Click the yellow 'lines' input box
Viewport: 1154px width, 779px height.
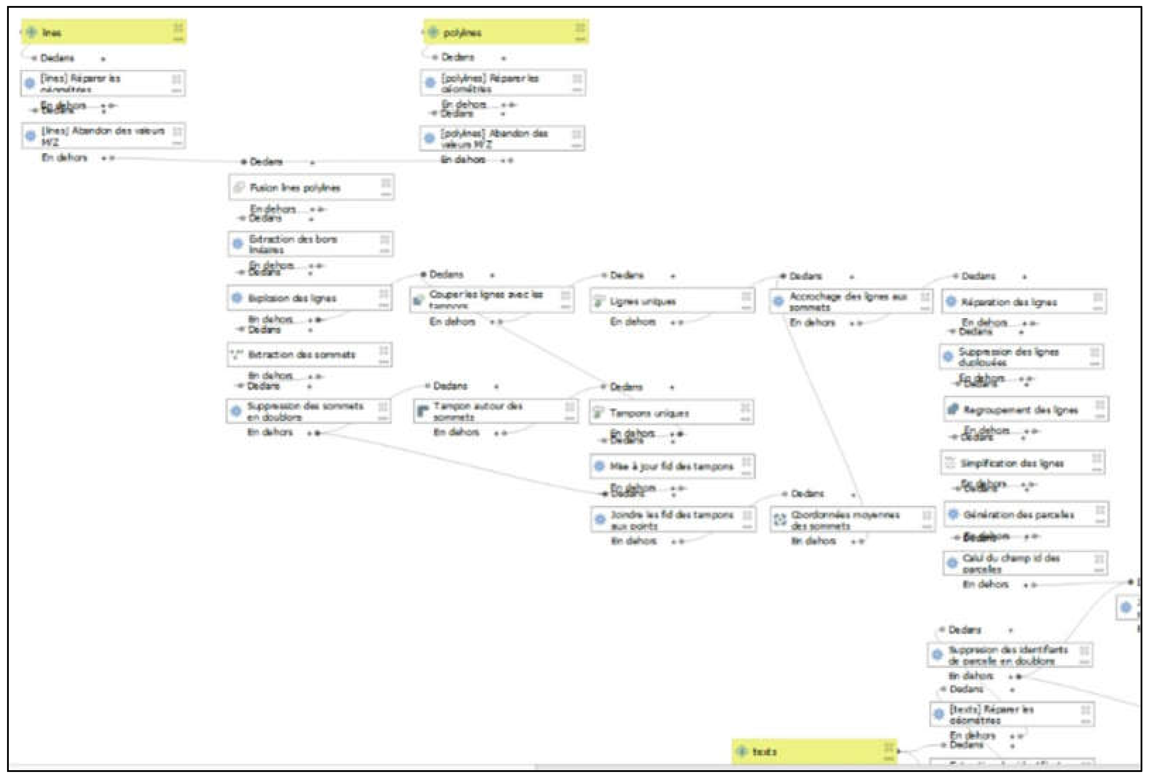point(103,32)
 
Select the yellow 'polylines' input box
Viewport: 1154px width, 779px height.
point(505,32)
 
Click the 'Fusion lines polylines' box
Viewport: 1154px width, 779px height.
point(311,187)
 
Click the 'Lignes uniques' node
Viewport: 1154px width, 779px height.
point(672,301)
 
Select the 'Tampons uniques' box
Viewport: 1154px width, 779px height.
point(671,412)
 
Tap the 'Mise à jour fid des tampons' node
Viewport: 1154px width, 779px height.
point(672,466)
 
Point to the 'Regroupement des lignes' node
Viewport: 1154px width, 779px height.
point(1026,410)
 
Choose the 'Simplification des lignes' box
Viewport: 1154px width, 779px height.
point(1022,463)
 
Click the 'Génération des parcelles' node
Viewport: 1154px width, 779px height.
point(1026,514)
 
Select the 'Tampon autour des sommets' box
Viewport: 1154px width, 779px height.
point(495,411)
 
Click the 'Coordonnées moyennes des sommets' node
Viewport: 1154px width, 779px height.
point(852,520)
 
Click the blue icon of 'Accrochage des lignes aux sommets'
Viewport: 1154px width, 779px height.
point(778,301)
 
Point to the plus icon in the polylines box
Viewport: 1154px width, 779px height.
point(433,32)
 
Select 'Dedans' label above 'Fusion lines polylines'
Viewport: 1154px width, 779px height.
point(266,162)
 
